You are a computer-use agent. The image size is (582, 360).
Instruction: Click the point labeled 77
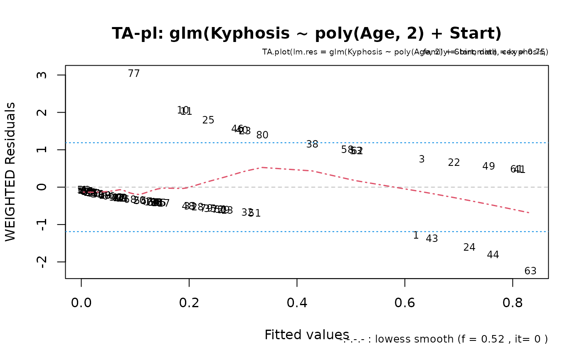[134, 74]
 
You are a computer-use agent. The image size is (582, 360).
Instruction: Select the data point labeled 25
[208, 120]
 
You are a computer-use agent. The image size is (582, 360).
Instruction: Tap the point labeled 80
[262, 135]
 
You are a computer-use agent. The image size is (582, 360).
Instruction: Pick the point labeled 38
[312, 144]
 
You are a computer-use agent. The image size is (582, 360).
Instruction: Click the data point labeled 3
[422, 159]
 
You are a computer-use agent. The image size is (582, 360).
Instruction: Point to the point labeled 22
[454, 163]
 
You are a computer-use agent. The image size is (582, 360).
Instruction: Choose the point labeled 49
[488, 166]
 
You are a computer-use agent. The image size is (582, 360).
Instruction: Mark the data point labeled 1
[416, 235]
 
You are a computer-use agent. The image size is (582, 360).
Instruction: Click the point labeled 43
[432, 239]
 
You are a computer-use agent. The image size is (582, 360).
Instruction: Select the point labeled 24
[469, 247]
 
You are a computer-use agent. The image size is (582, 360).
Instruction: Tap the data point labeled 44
[493, 255]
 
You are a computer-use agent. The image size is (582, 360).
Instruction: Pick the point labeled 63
[530, 271]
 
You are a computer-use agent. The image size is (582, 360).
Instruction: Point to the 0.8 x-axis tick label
[513, 303]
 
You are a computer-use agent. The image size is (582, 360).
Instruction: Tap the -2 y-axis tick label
[42, 262]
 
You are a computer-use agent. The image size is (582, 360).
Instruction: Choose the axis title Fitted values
[307, 335]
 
